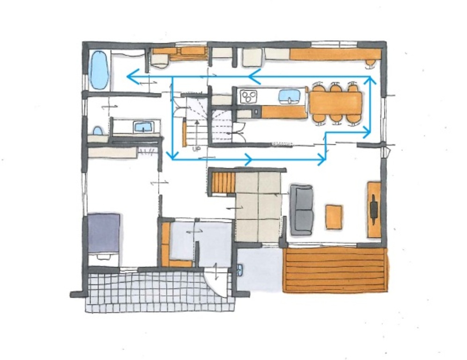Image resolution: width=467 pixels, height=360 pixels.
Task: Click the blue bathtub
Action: click(x=99, y=70)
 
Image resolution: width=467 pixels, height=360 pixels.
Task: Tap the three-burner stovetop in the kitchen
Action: click(x=248, y=96)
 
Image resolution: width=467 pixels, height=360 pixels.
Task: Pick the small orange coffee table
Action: click(x=334, y=217)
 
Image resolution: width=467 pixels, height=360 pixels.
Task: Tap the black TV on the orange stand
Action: click(x=374, y=209)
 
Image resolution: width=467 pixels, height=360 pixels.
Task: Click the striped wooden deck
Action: click(x=336, y=270)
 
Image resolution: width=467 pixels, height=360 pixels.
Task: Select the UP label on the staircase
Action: click(x=196, y=149)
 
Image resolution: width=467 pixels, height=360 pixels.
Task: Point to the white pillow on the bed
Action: click(x=104, y=257)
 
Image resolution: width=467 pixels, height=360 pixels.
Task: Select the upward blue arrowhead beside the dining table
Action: click(x=370, y=80)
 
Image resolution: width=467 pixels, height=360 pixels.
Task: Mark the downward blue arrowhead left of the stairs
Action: click(x=172, y=155)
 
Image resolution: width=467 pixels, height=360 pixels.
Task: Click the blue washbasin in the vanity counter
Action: click(x=144, y=127)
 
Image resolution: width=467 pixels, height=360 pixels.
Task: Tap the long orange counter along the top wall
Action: click(x=335, y=54)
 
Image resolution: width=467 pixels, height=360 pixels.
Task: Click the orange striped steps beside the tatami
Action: click(x=224, y=183)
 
